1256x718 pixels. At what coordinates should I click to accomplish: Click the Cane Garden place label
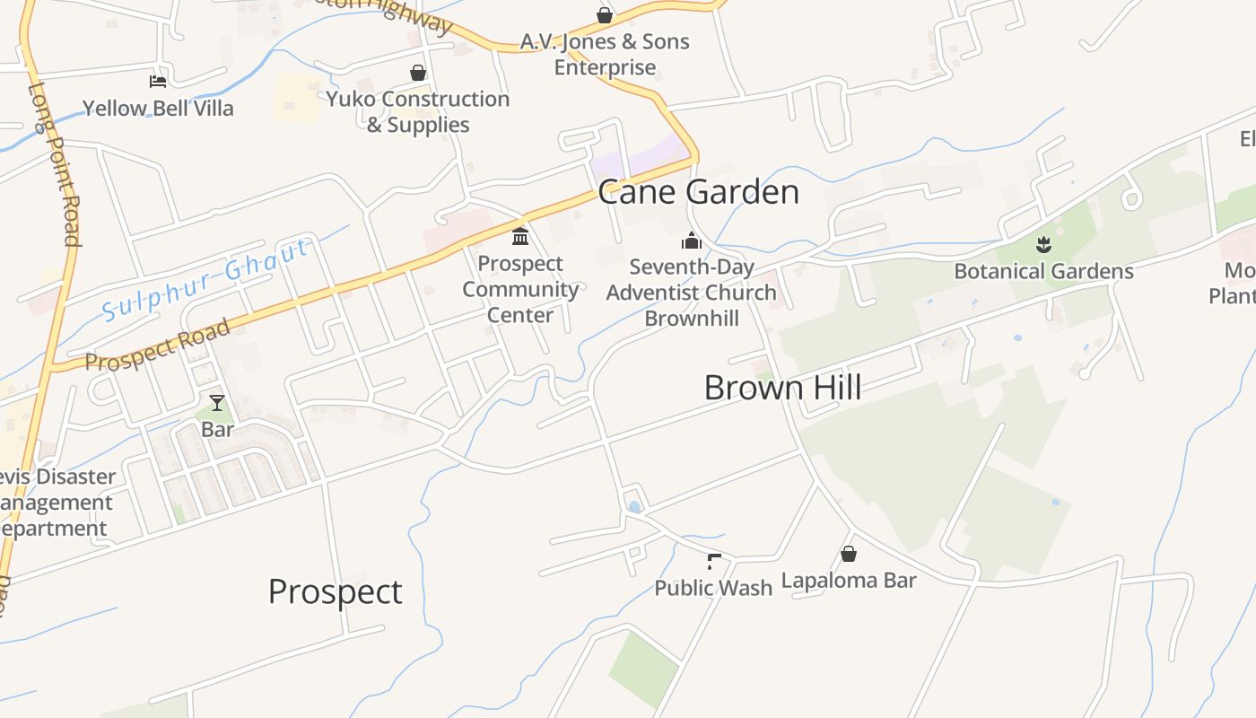point(698,192)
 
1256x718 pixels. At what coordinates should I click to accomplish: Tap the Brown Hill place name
point(782,388)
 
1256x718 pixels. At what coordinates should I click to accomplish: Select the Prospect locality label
point(335,592)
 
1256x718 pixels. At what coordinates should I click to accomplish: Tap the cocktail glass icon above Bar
point(217,402)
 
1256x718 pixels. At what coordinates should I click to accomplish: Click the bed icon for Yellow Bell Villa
point(158,82)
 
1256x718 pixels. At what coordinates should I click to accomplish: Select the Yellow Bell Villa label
point(158,109)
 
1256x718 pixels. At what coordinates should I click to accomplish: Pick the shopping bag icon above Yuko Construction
point(418,73)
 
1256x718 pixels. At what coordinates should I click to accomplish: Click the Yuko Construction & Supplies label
point(418,111)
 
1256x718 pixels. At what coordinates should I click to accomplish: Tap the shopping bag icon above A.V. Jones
point(605,15)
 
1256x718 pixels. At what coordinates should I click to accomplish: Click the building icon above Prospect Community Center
point(520,237)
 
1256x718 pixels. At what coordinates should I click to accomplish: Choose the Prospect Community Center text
point(520,289)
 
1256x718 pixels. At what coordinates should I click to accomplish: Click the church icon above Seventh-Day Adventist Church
point(691,241)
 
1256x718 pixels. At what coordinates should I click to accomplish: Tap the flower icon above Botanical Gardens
point(1042,244)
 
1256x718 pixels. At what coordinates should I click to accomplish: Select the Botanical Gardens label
point(1043,271)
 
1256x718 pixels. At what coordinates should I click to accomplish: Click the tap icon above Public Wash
point(713,562)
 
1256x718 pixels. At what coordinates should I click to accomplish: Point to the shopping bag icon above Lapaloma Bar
point(849,554)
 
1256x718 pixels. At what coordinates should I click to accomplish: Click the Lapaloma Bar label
point(849,581)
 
